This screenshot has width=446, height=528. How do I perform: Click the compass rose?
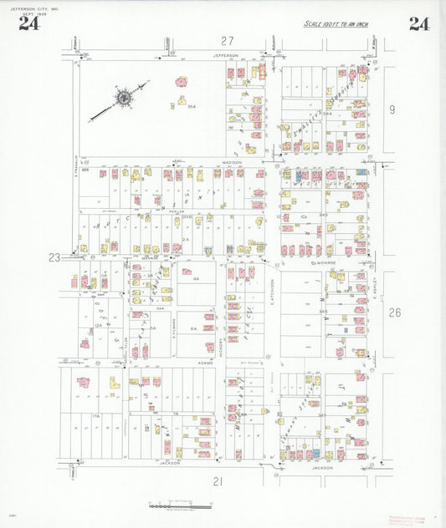tap(123, 99)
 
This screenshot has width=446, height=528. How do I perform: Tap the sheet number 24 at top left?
tap(28, 23)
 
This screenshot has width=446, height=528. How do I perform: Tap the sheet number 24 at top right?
tap(419, 23)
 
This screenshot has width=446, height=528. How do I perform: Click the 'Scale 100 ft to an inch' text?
tap(336, 23)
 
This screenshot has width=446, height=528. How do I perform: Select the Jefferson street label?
tap(225, 56)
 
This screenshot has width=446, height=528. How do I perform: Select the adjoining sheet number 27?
tap(227, 41)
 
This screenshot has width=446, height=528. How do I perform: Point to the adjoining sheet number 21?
tap(218, 481)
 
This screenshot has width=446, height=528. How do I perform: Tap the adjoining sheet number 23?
tap(54, 258)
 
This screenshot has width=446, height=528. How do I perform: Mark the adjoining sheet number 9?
tap(391, 109)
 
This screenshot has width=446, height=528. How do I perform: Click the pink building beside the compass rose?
tap(181, 83)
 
